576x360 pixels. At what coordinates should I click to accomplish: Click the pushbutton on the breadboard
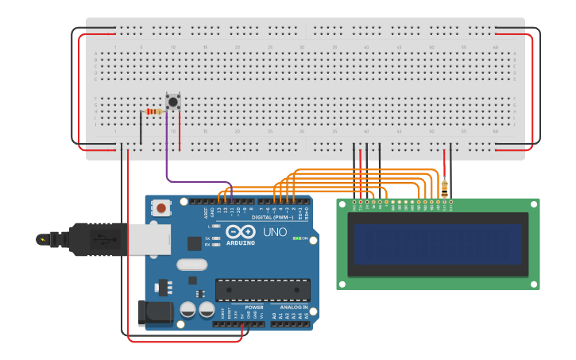point(173,102)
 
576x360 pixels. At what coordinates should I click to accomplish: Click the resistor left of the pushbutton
point(153,111)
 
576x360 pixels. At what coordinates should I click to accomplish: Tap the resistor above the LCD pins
point(444,188)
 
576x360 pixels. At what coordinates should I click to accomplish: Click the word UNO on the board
point(275,232)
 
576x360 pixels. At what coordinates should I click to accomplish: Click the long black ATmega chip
point(262,290)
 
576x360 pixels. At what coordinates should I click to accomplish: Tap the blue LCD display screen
point(438,244)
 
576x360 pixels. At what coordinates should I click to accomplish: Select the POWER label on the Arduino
point(253,307)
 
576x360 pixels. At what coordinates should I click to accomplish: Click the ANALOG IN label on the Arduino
point(292,307)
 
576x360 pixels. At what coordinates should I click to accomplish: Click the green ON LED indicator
point(296,238)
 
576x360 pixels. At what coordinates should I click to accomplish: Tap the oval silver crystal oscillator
point(191,265)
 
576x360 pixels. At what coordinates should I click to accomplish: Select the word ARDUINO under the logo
point(240,242)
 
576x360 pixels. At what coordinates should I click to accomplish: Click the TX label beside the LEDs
point(207,238)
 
